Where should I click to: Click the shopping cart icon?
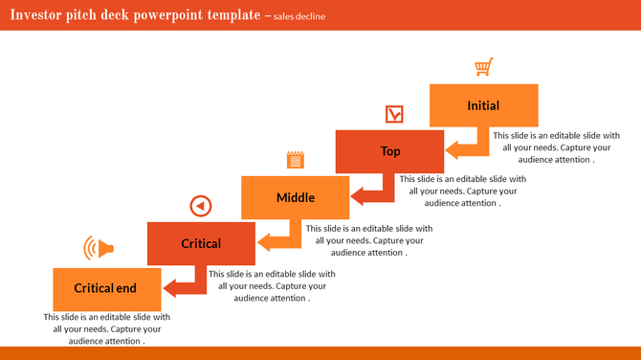[x=484, y=67]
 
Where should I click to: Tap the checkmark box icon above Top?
[x=393, y=115]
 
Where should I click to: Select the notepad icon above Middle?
[x=296, y=160]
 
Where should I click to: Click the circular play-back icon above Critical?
[x=200, y=205]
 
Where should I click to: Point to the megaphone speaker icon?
[x=99, y=249]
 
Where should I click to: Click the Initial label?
[x=483, y=105]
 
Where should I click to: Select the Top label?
[x=390, y=151]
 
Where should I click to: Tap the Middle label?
[x=296, y=197]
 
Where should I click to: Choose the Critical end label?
[x=105, y=288]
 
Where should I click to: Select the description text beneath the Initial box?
[x=556, y=147]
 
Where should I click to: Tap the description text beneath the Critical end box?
[x=106, y=328]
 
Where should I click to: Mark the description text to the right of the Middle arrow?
[x=368, y=240]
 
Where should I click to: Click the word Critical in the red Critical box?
[x=201, y=243]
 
